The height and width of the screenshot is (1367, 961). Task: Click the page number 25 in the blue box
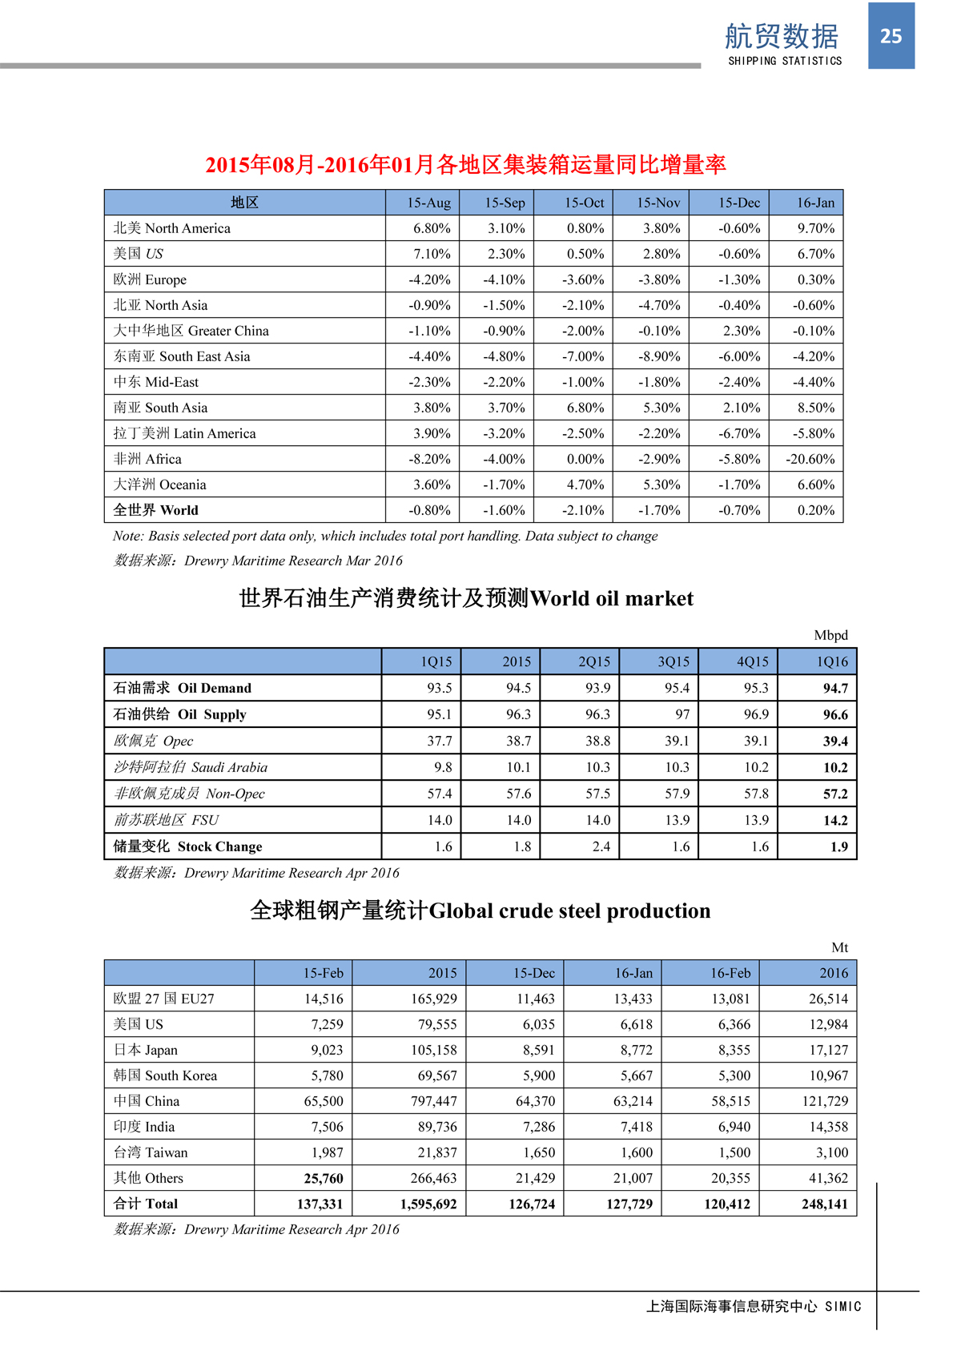pyautogui.click(x=891, y=36)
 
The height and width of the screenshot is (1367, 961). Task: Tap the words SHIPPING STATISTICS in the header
pyautogui.click(x=785, y=61)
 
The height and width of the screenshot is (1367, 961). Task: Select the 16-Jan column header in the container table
pyautogui.click(x=815, y=203)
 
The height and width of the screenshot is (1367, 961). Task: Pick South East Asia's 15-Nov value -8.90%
pyautogui.click(x=659, y=356)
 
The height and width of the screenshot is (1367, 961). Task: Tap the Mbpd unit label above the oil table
pyautogui.click(x=830, y=635)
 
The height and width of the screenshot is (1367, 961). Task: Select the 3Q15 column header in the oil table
pyautogui.click(x=674, y=661)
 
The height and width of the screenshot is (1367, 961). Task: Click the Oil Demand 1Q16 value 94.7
pyautogui.click(x=835, y=688)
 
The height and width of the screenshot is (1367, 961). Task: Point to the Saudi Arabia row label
pyautogui.click(x=191, y=767)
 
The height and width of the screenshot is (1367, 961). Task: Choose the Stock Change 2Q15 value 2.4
pyautogui.click(x=601, y=846)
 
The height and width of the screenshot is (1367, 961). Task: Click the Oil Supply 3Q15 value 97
pyautogui.click(x=682, y=714)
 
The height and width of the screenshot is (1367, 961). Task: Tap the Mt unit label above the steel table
pyautogui.click(x=839, y=947)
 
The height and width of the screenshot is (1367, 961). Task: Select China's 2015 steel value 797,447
pyautogui.click(x=434, y=1101)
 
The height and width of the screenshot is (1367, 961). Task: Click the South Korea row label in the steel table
pyautogui.click(x=165, y=1076)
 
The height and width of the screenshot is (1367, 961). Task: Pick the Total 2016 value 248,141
pyautogui.click(x=824, y=1204)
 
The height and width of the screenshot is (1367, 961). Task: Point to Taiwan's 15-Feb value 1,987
pyautogui.click(x=327, y=1152)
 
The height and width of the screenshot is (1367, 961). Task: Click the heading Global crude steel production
pyautogui.click(x=480, y=911)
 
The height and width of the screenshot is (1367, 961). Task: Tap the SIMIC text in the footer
pyautogui.click(x=842, y=1306)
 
